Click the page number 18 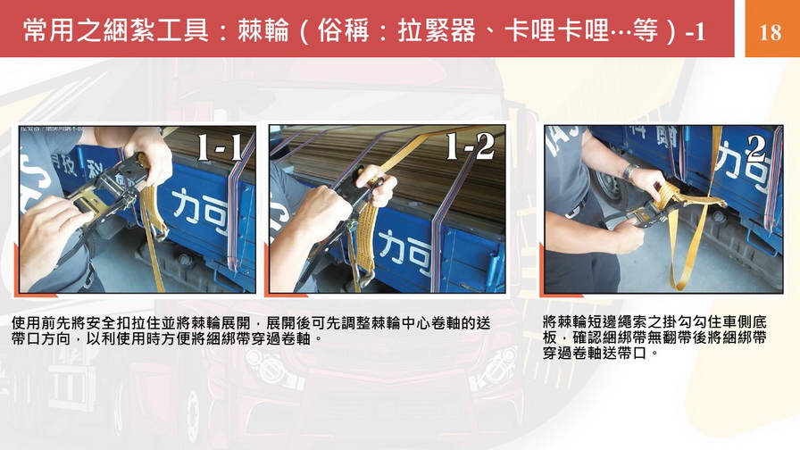pyautogui.click(x=770, y=32)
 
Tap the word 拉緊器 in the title pyautogui.click(x=437, y=30)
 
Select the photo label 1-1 pyautogui.click(x=220, y=147)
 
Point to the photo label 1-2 pyautogui.click(x=470, y=146)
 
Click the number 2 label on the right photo pyautogui.click(x=755, y=147)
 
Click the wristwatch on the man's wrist pyautogui.click(x=629, y=172)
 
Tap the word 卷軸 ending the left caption pyautogui.click(x=296, y=338)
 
